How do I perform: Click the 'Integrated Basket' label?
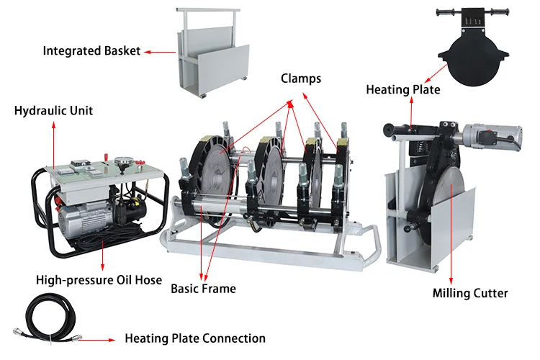91,51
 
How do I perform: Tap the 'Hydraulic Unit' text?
53,111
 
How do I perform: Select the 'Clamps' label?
301,78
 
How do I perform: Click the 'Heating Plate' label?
403,90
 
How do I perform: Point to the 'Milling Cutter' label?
470,293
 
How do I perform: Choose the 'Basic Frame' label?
203,289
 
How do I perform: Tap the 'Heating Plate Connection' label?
195,338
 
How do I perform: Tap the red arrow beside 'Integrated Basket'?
160,52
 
